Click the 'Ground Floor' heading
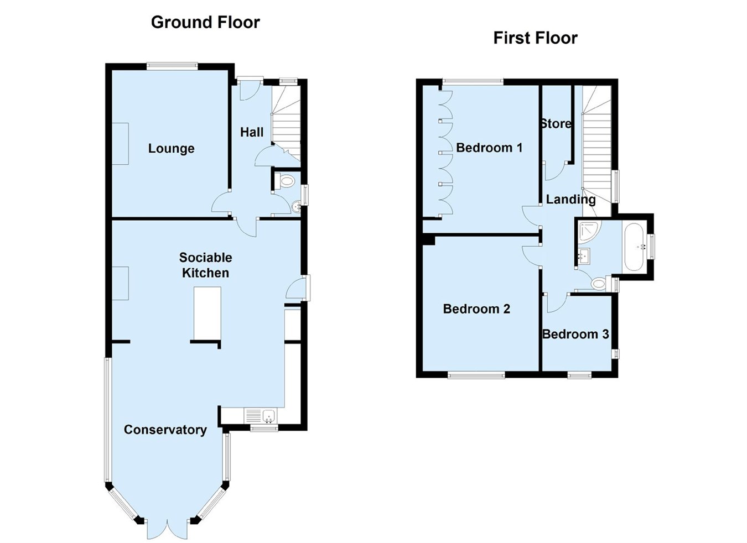coord(205,23)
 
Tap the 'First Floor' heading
coord(535,38)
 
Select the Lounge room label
coord(171,148)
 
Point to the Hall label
coord(252,132)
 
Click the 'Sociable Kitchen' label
coord(205,265)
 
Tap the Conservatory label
coord(165,430)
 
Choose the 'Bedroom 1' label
coord(489,148)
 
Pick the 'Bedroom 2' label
coord(476,309)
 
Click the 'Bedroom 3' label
coord(575,334)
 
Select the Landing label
coord(570,200)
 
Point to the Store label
coord(556,124)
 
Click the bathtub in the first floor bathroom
coord(635,247)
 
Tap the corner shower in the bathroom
coord(589,231)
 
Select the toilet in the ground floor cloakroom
coord(285,182)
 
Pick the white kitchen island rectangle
coord(207,313)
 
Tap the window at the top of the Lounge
coord(172,66)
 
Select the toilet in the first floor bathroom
coord(599,284)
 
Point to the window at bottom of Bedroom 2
coord(476,375)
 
